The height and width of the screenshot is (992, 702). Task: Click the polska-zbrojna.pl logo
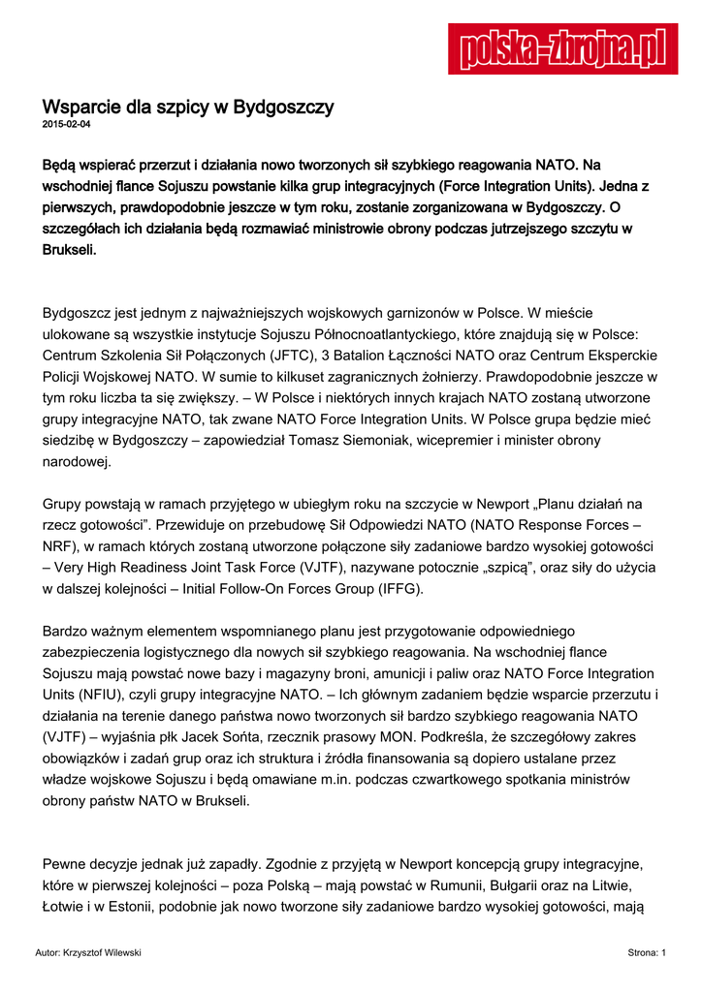pyautogui.click(x=562, y=48)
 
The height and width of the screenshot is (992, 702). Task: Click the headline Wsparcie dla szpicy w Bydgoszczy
pyautogui.click(x=188, y=107)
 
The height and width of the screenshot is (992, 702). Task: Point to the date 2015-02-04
pyautogui.click(x=66, y=126)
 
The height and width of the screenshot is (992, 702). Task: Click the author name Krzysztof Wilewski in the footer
pyautogui.click(x=101, y=954)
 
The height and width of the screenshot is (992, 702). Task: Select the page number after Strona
pyautogui.click(x=663, y=954)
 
